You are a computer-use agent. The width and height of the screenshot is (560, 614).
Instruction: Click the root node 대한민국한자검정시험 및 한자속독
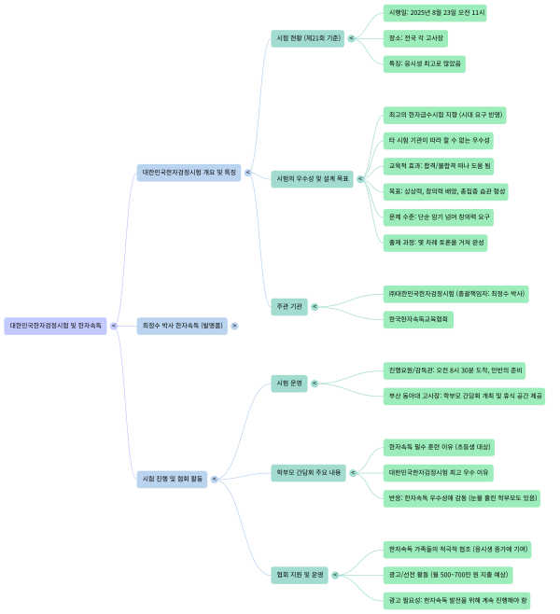pyautogui.click(x=55, y=326)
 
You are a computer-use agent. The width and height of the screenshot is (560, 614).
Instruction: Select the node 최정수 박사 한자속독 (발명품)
pyautogui.click(x=181, y=326)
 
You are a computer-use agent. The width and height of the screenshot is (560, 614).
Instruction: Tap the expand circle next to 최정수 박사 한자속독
pyautogui.click(x=234, y=326)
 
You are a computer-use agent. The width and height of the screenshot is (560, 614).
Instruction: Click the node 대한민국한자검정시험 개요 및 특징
pyautogui.click(x=189, y=173)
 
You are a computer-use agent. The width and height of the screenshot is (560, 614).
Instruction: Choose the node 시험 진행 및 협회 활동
pyautogui.click(x=173, y=479)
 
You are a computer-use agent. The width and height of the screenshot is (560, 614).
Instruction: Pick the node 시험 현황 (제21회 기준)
pyautogui.click(x=307, y=38)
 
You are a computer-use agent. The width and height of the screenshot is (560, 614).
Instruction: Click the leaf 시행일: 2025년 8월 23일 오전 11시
pyautogui.click(x=435, y=13)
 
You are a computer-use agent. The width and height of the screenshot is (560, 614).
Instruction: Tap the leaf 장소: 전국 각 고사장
pyautogui.click(x=416, y=38)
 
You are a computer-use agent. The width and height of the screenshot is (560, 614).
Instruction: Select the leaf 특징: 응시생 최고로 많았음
pyautogui.click(x=425, y=64)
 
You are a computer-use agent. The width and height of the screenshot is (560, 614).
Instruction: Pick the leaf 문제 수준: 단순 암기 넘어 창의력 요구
pyautogui.click(x=439, y=217)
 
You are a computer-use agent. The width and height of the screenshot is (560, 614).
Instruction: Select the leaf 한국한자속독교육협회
pyautogui.click(x=419, y=319)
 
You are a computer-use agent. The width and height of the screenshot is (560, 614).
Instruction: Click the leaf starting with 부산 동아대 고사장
pyautogui.click(x=464, y=396)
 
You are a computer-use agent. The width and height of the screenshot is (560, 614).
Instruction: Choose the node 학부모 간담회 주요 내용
pyautogui.click(x=308, y=473)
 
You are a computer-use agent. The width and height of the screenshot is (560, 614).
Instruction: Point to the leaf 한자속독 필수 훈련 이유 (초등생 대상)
pyautogui.click(x=440, y=447)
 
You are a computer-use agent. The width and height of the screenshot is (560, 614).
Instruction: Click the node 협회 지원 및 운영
pyautogui.click(x=300, y=575)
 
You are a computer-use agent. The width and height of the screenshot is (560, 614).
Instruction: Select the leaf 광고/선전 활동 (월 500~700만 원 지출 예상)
pyautogui.click(x=448, y=575)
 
